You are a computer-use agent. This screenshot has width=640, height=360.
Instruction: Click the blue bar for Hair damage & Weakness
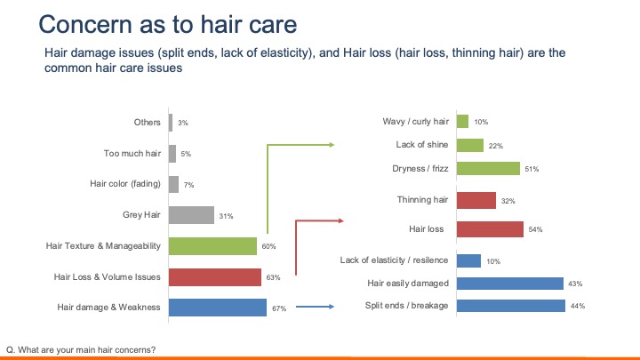[x=217, y=308]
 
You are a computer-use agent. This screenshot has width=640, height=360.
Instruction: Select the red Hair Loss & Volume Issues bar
[x=214, y=276]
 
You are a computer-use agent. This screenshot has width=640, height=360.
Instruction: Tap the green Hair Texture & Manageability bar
[x=212, y=245]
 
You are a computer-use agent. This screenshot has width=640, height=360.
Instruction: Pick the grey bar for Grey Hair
[x=191, y=215]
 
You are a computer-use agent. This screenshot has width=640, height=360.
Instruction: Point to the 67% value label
[x=277, y=308]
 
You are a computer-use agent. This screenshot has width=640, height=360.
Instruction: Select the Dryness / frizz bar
[x=487, y=168]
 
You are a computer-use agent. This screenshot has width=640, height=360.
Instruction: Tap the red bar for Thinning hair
[x=476, y=200]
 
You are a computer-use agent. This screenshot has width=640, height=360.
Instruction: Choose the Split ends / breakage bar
[x=510, y=306]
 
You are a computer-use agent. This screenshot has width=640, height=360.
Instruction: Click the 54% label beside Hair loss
[x=536, y=229]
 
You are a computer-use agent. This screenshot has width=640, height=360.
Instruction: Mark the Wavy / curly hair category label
[x=416, y=121]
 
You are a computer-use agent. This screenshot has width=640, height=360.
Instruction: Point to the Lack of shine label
[x=422, y=144]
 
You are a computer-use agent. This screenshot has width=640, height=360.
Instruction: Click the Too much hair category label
[x=132, y=154]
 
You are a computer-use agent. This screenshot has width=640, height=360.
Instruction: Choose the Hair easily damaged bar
[x=509, y=283]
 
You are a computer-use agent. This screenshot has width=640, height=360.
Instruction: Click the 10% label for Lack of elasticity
[x=493, y=261]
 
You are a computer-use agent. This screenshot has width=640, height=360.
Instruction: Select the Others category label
[x=147, y=123]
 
